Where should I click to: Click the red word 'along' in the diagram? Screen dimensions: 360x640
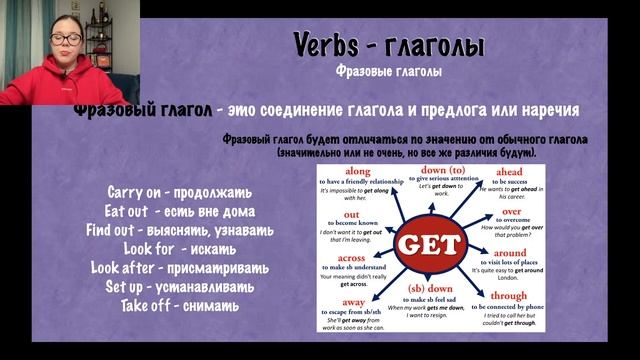point(358,172)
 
